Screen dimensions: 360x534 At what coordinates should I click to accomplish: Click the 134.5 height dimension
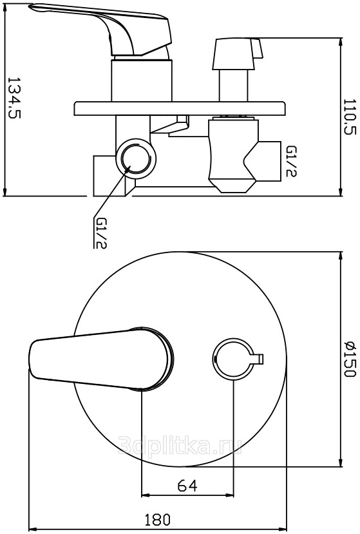[x=14, y=97]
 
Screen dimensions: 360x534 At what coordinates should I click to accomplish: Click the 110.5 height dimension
[x=350, y=117]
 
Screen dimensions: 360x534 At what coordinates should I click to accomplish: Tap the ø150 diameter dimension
[x=350, y=359]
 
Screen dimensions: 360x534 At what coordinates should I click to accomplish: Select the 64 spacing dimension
[x=187, y=485]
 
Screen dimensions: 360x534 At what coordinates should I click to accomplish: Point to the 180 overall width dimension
[x=157, y=520]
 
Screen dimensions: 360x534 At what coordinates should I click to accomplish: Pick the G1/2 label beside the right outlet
[x=291, y=162]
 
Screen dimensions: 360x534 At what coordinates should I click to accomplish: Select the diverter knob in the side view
[x=238, y=54]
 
